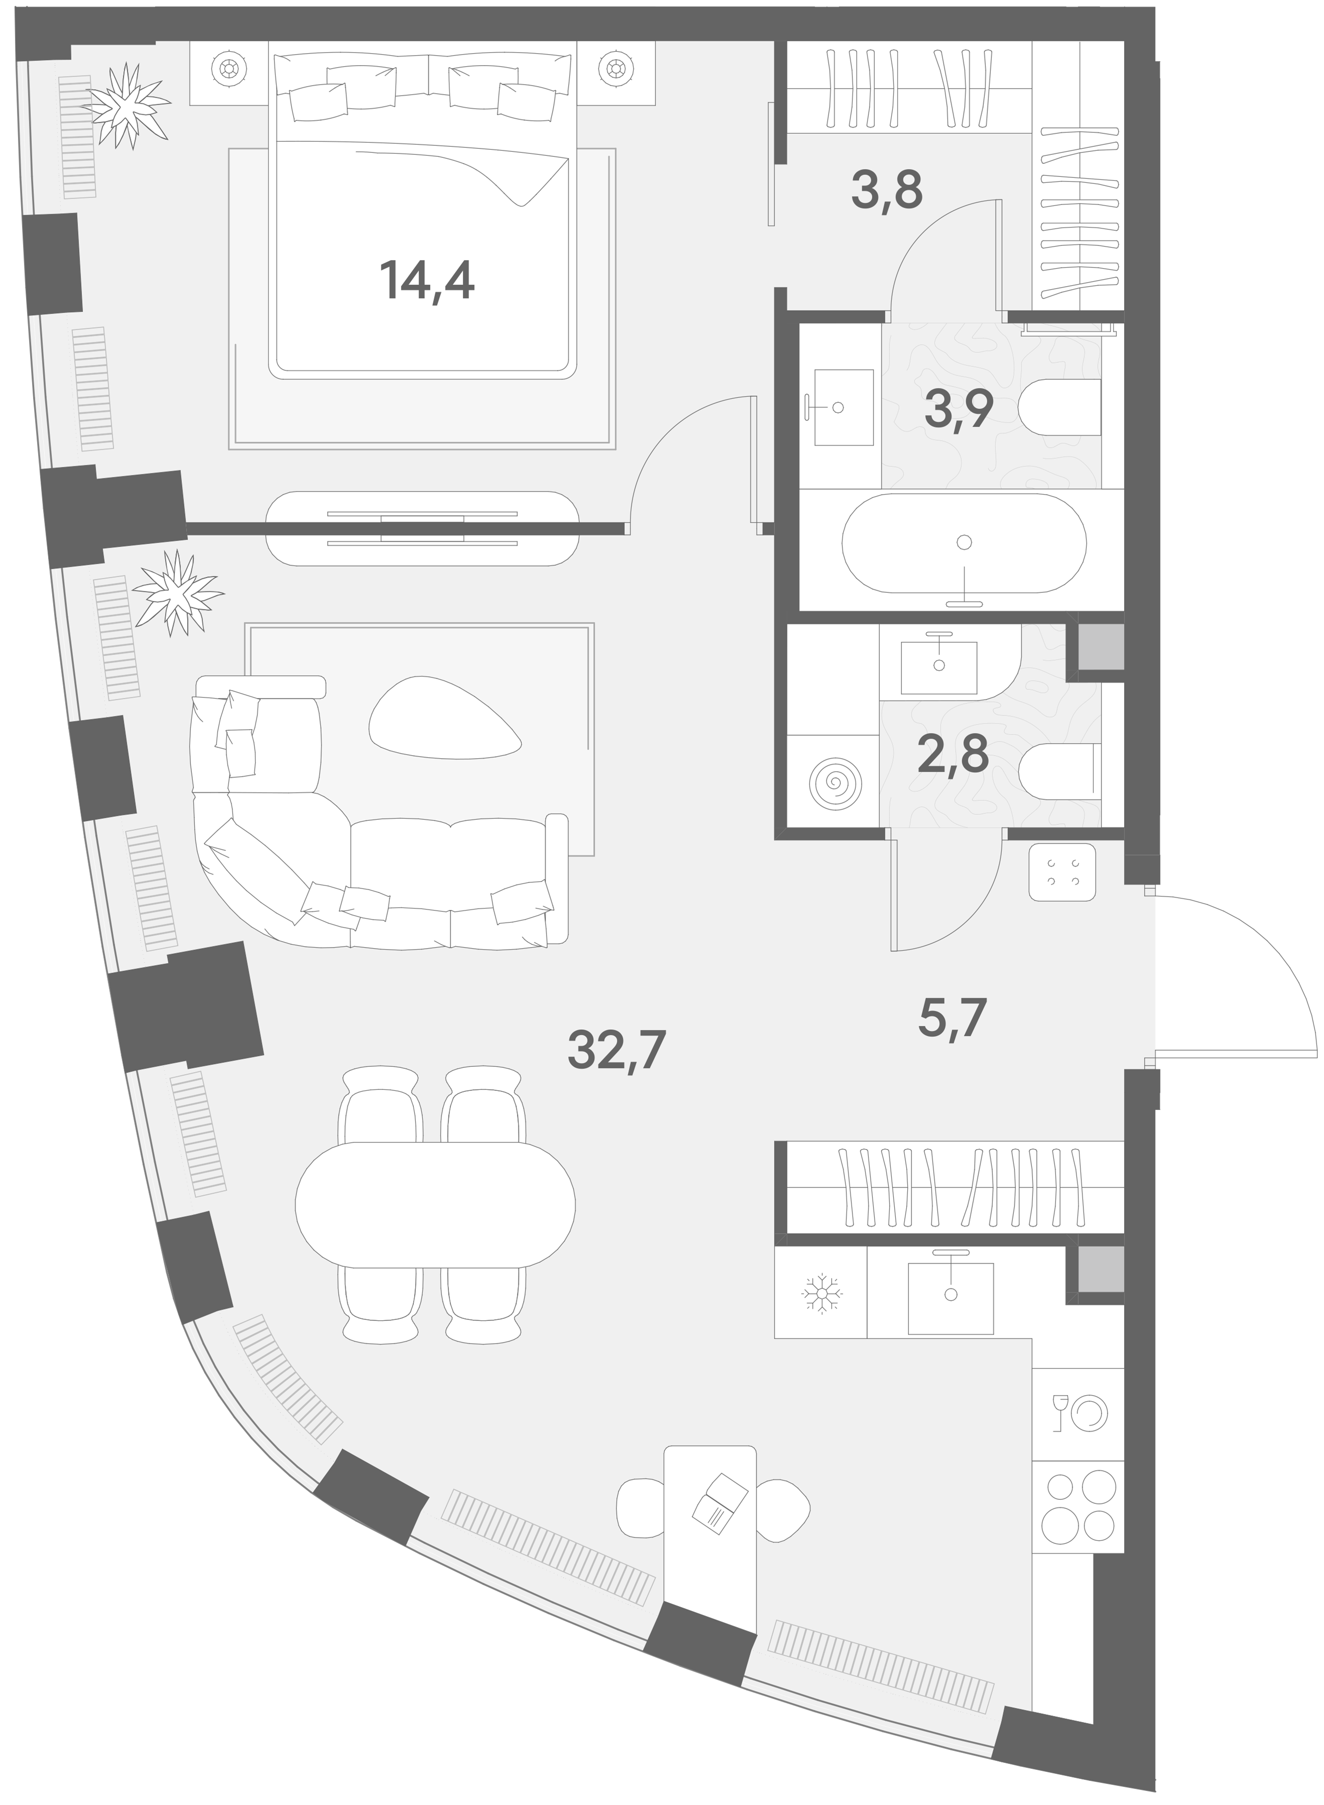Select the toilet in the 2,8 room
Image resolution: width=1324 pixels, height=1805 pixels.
(x=1060, y=773)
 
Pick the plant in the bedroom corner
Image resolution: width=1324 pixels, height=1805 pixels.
(x=127, y=105)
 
